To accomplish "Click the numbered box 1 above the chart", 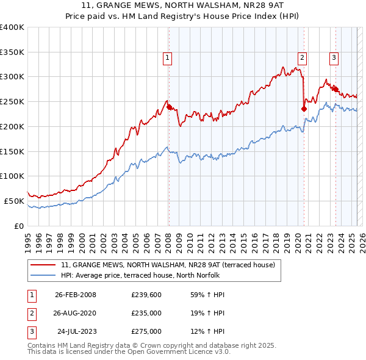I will (167, 58).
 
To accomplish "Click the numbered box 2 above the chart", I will (302, 58).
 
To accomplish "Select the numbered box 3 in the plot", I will (334, 58).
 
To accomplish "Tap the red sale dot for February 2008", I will (169, 106).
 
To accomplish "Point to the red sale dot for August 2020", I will (304, 109).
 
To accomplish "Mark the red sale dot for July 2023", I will (335, 88).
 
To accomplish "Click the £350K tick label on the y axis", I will (12, 52).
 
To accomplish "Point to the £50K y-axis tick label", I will (15, 201).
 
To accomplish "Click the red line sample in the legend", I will (43, 265).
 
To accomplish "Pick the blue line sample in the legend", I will (43, 275).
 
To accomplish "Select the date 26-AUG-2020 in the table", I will (76, 314).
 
